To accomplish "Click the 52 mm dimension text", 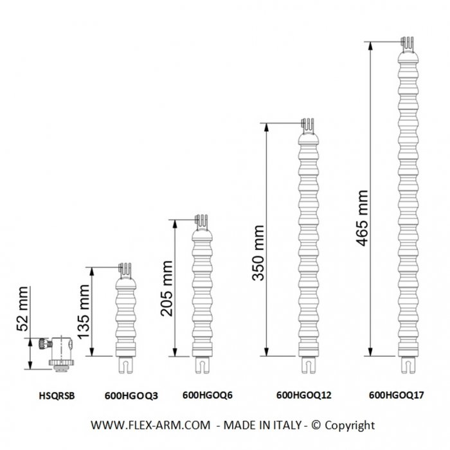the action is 22,309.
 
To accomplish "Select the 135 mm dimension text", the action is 84,312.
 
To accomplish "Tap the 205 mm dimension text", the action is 166,289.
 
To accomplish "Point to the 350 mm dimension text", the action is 258,253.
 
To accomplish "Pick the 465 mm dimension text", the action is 362,218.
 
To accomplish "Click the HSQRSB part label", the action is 57,396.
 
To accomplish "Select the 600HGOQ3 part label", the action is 131,396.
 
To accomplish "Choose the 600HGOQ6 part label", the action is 208,395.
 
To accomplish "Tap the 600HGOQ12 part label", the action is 303,395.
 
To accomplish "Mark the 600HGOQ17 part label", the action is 397,395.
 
